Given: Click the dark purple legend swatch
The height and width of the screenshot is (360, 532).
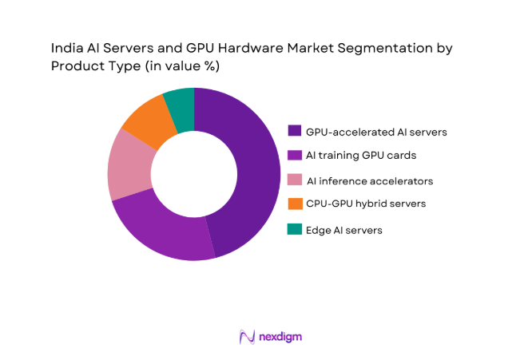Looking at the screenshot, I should coord(294,130).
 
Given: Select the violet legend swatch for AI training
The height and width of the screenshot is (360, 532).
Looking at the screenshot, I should coord(294,155).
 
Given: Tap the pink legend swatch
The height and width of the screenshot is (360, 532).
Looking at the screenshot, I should coord(294,180).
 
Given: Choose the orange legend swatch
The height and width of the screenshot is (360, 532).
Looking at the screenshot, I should coord(294,204).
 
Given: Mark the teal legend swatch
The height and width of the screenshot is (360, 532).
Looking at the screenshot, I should coord(294,229).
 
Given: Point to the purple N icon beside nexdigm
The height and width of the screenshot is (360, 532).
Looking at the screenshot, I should coord(246,337).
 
